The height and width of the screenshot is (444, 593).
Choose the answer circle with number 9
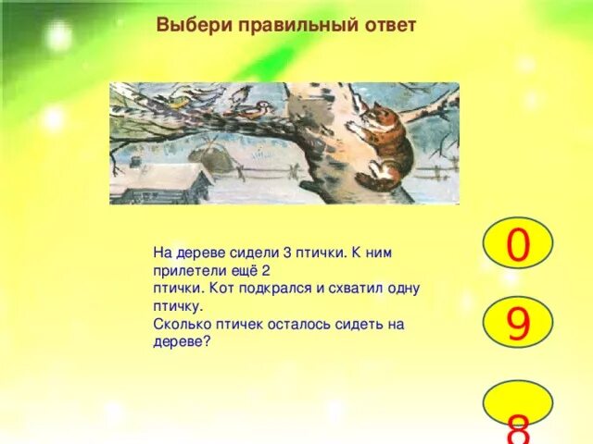[518, 324]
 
